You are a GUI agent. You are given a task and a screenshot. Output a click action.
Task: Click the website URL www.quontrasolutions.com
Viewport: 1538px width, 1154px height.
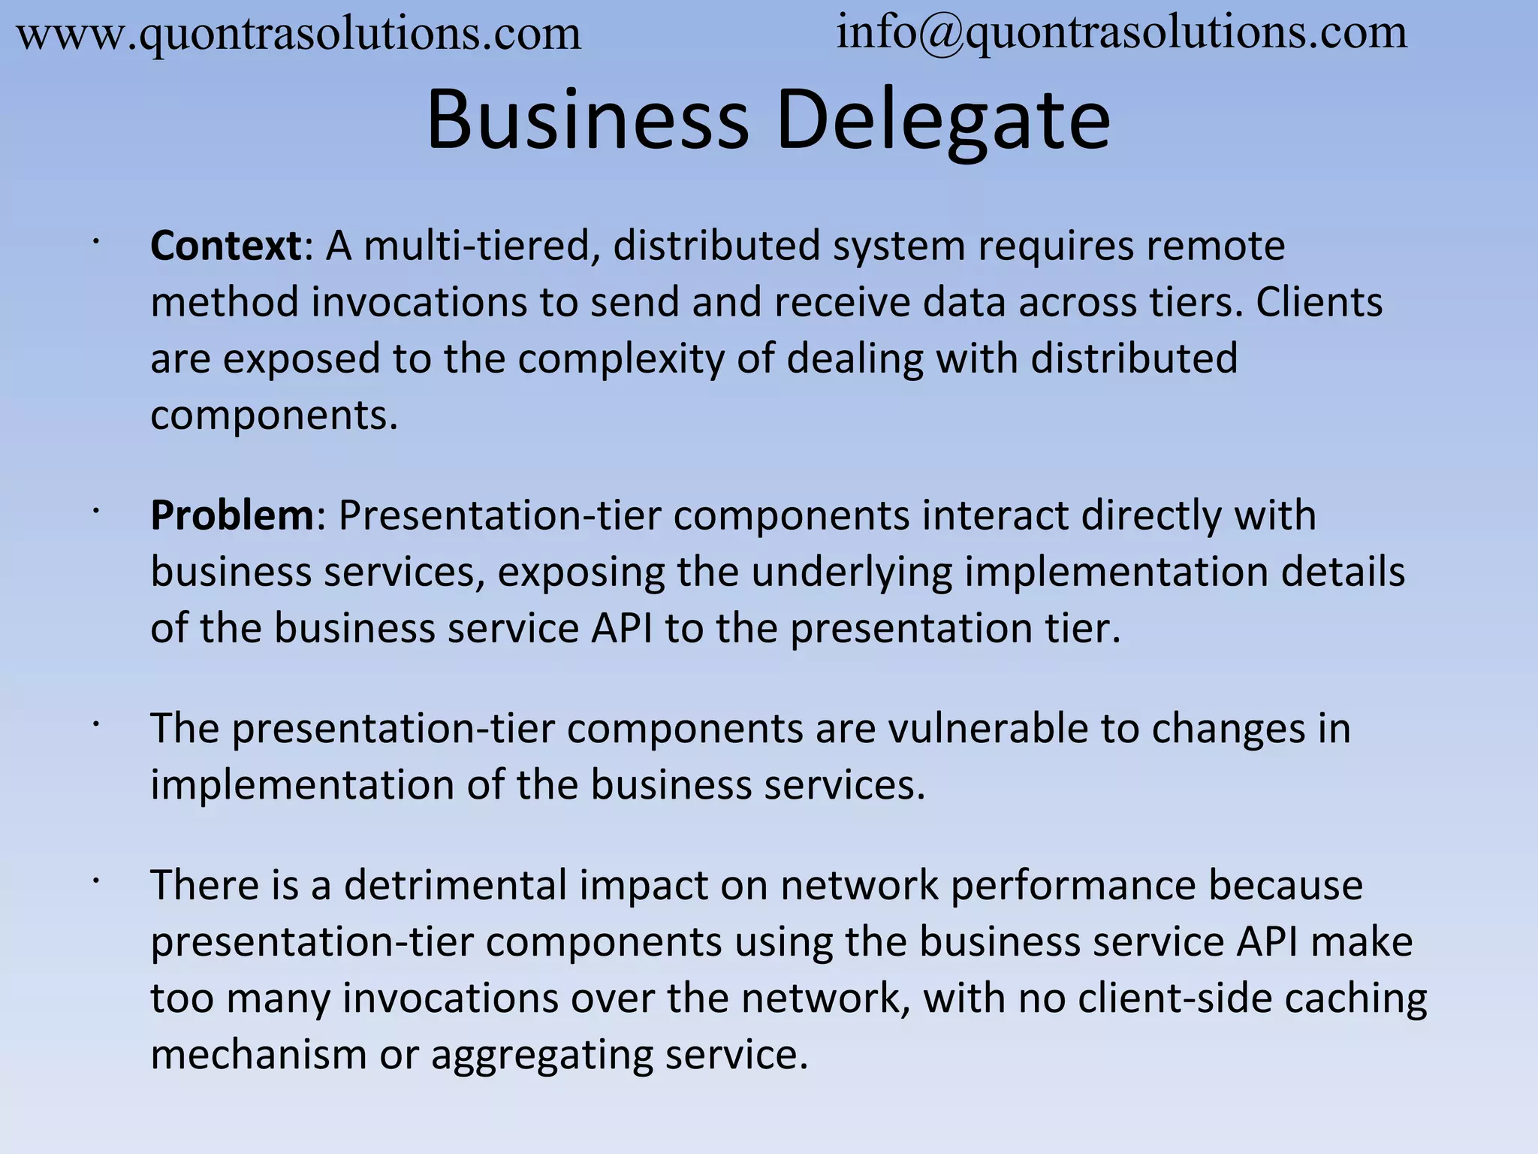(x=298, y=35)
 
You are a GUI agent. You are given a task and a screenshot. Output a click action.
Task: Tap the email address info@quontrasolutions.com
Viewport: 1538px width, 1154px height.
(x=1121, y=33)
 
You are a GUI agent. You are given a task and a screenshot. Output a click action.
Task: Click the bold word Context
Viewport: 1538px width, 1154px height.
(x=225, y=246)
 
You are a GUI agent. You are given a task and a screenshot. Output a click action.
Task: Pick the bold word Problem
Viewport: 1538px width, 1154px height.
(x=232, y=515)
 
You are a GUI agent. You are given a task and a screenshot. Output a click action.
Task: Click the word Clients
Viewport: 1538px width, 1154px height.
(x=1319, y=302)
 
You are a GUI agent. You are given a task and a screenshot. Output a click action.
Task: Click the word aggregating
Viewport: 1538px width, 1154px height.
(x=541, y=1055)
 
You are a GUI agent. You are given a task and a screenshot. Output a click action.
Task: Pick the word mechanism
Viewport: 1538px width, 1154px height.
(x=258, y=1055)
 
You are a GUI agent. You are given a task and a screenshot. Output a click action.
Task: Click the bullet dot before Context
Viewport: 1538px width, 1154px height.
(x=96, y=241)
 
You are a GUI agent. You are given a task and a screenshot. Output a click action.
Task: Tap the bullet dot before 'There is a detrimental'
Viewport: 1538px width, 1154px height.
(x=96, y=881)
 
